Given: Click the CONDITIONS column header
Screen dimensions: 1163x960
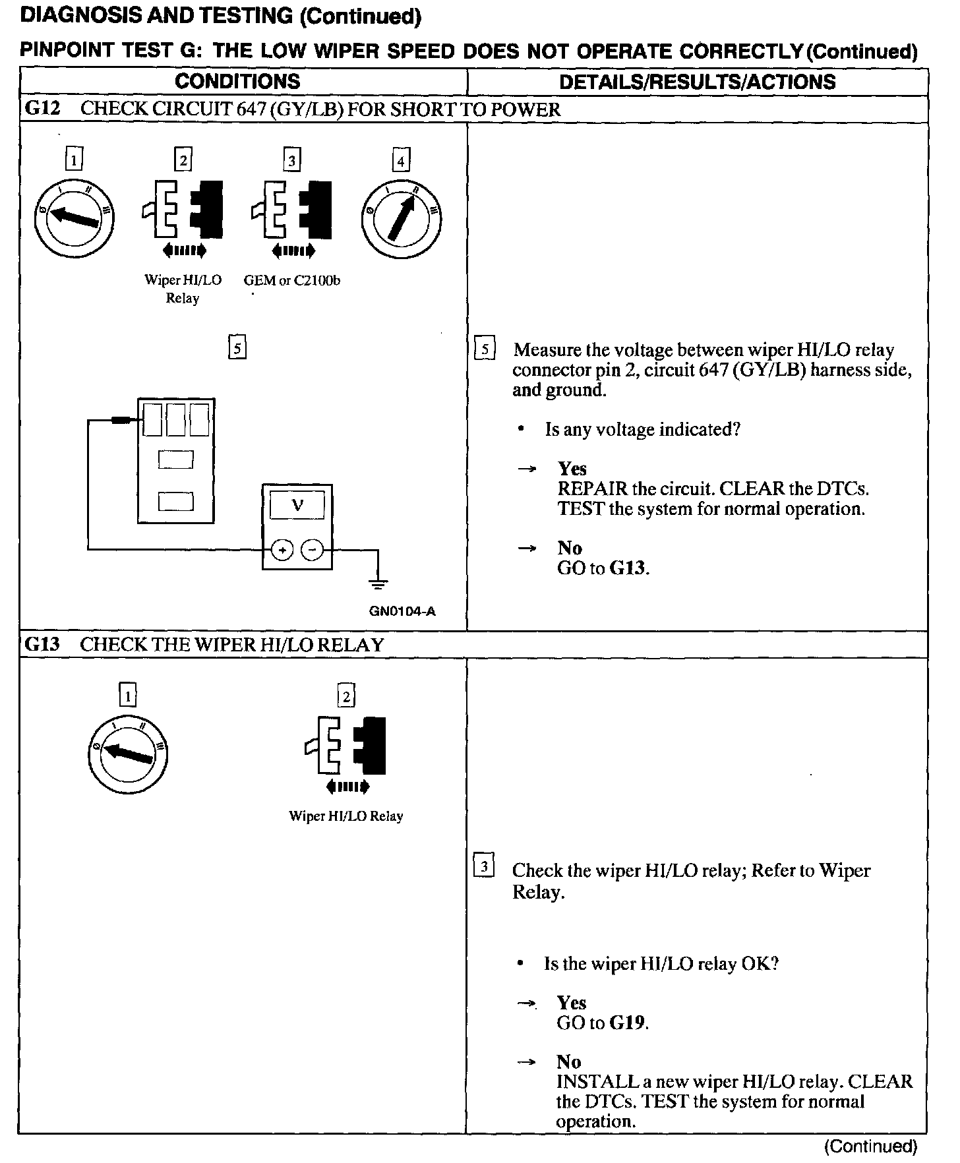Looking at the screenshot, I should coord(237,82).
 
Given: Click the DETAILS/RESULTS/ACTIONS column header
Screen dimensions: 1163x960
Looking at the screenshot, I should coord(697,82).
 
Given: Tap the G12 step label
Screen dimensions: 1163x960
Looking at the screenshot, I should coord(42,109).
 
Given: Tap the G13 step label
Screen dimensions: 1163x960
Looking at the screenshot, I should coord(42,644).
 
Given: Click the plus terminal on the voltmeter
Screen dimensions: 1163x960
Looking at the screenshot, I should coord(282,550).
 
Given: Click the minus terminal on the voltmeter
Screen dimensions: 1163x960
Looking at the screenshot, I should coord(313,550).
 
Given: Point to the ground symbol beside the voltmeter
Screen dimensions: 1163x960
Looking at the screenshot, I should coord(378,581).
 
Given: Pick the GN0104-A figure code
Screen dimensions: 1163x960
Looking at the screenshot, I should coord(402,611).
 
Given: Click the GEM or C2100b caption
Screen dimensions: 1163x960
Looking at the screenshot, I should coord(292,280).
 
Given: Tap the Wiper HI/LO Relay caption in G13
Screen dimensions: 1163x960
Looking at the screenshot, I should coord(345,816).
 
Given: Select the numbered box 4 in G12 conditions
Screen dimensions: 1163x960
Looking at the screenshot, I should coord(400,160).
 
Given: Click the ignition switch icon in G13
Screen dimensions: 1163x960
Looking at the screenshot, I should coord(128,754).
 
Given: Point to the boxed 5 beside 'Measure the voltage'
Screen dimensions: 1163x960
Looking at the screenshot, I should coord(485,349).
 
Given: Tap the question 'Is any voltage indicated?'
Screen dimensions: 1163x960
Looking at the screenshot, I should coord(642,430).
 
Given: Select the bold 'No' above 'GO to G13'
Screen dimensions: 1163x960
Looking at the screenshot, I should coord(569,548).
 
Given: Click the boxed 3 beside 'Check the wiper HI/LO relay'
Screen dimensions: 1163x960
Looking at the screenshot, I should coord(485,867).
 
